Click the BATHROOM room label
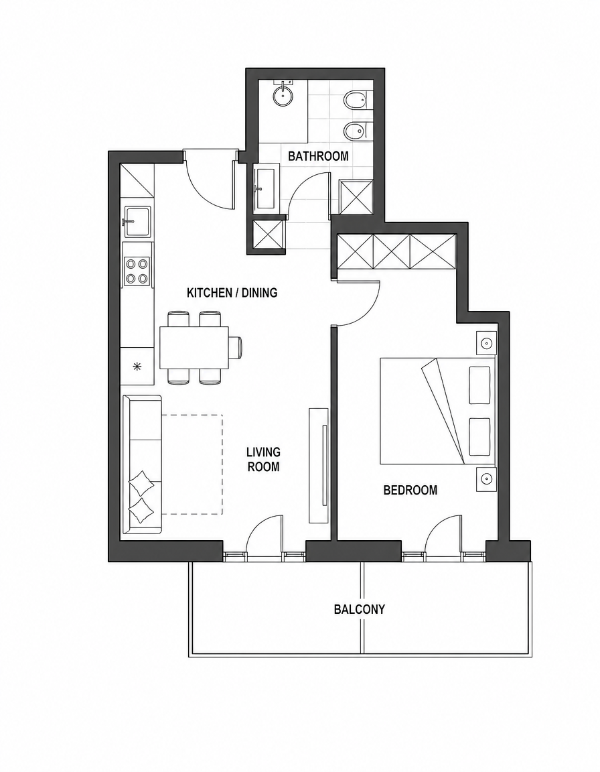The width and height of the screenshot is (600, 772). [x=317, y=156]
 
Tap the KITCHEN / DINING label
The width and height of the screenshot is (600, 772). [x=232, y=293]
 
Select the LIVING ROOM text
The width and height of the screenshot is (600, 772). [x=264, y=459]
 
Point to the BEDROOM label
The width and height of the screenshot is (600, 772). [x=410, y=491]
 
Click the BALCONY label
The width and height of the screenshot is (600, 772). [x=360, y=610]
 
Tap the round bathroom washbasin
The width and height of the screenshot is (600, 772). [x=284, y=94]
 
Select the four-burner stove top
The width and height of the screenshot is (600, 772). [x=137, y=271]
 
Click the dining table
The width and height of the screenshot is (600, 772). [x=195, y=347]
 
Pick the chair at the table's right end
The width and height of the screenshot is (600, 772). [x=236, y=347]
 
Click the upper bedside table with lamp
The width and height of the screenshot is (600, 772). [x=486, y=342]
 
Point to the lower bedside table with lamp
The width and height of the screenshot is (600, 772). [x=486, y=478]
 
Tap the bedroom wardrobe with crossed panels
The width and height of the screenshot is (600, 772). [x=396, y=251]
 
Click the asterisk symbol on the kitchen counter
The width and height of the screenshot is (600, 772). [x=138, y=366]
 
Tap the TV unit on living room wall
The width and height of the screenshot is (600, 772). [x=318, y=465]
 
